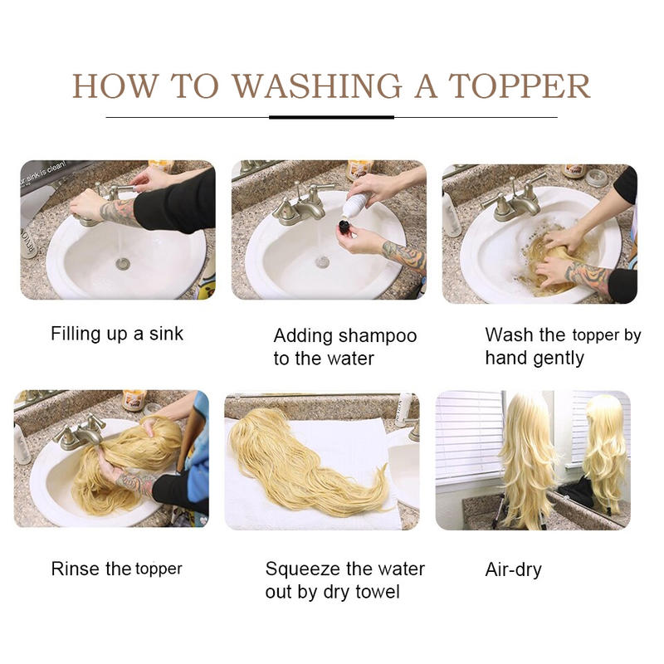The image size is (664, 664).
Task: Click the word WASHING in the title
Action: click(317, 86)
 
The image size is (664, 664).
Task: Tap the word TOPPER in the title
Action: click(520, 86)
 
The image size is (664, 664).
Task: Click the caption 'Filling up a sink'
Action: click(117, 334)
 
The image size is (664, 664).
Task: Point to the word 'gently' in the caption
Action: click(559, 359)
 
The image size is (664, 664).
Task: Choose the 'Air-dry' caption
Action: click(513, 570)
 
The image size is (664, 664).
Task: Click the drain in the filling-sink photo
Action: click(122, 263)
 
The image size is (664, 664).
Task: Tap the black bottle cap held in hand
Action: click(345, 226)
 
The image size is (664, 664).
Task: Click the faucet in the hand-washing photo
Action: click(515, 198)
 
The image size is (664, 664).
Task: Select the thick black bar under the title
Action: click(331, 117)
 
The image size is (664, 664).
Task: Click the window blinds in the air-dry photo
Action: click(469, 437)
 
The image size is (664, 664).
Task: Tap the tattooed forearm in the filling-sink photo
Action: click(120, 212)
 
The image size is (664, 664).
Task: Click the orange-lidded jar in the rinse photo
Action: click(134, 400)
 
